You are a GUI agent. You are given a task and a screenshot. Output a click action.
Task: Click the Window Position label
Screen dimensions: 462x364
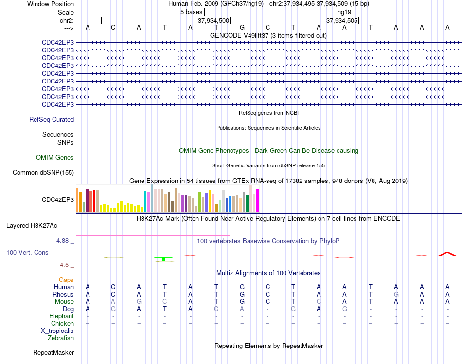pyautogui.click(x=51, y=4)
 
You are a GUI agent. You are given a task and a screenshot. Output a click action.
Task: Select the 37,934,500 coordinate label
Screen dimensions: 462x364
pyautogui.click(x=213, y=20)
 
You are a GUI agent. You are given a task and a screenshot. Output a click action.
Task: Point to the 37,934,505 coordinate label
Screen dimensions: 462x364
pyautogui.click(x=342, y=20)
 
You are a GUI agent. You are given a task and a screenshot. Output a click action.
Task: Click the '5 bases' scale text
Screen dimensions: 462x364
pyautogui.click(x=192, y=12)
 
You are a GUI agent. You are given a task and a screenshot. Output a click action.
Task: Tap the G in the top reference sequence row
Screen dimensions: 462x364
pyautogui.click(x=242, y=27)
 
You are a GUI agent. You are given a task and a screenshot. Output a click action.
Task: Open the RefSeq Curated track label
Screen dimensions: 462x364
pyautogui.click(x=52, y=120)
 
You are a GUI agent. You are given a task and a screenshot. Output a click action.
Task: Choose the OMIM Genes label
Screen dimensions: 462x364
pyautogui.click(x=55, y=158)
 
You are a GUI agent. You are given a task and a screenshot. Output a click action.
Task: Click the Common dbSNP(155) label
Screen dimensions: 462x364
pyautogui.click(x=43, y=173)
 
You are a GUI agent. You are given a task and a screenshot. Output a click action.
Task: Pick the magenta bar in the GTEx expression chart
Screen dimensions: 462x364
pyautogui.click(x=258, y=200)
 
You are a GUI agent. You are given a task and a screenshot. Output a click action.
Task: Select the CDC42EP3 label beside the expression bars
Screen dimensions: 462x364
pyautogui.click(x=58, y=199)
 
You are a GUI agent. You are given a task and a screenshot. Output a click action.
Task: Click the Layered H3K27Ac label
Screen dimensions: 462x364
pyautogui.click(x=32, y=226)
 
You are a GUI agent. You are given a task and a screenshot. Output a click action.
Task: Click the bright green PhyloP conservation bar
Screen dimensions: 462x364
pyautogui.click(x=163, y=259)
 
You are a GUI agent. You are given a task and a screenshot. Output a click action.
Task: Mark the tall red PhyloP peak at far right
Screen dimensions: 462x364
pyautogui.click(x=447, y=254)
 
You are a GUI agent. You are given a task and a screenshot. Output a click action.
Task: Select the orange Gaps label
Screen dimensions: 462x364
pyautogui.click(x=66, y=280)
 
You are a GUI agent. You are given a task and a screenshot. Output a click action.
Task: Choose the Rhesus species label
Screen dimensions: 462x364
pyautogui.click(x=63, y=294)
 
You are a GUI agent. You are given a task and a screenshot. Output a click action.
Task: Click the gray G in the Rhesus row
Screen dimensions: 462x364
pyautogui.click(x=396, y=294)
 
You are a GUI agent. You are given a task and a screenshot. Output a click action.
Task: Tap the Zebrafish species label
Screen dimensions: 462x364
pyautogui.click(x=61, y=338)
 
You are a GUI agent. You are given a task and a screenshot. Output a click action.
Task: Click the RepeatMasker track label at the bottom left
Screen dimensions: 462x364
pyautogui.click(x=53, y=352)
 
